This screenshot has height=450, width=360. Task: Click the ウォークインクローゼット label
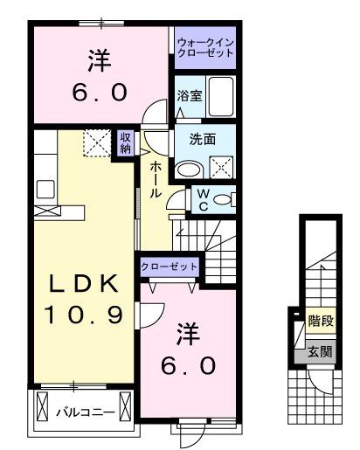click(205, 48)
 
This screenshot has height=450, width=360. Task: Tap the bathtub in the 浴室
click(221, 96)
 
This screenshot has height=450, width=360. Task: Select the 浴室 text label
click(190, 95)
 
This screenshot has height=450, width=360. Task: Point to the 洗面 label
click(203, 139)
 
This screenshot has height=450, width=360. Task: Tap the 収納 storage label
click(126, 142)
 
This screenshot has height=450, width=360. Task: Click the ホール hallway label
click(156, 180)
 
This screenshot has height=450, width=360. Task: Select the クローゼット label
click(169, 267)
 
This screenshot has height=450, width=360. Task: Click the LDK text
click(84, 283)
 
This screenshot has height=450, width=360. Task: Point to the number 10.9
click(83, 315)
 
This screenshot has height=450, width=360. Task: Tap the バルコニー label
click(86, 412)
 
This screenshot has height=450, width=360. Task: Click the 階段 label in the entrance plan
click(321, 321)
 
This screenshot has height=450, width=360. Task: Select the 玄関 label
click(320, 352)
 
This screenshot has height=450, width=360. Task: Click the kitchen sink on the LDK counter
click(45, 189)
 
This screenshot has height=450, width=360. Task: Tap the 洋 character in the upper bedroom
click(100, 60)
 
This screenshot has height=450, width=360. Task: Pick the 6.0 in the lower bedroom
click(188, 366)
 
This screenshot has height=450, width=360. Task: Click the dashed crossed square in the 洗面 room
click(221, 167)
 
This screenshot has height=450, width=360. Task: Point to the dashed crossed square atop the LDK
click(98, 143)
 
